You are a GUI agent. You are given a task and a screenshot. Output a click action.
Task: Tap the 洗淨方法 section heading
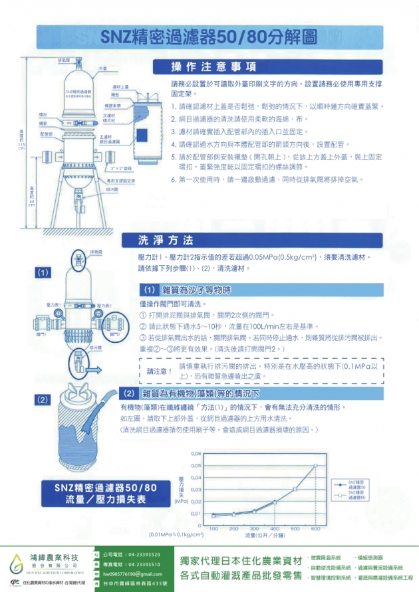165,240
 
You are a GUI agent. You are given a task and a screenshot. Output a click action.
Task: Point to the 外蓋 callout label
103,69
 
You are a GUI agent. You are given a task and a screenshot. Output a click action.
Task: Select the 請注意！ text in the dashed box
158,370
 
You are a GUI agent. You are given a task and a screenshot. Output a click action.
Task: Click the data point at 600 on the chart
316,465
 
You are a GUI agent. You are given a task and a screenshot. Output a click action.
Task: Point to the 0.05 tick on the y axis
196,465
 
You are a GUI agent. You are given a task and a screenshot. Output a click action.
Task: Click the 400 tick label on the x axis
275,528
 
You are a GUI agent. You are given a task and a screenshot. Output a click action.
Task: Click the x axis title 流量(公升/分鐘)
264,535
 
